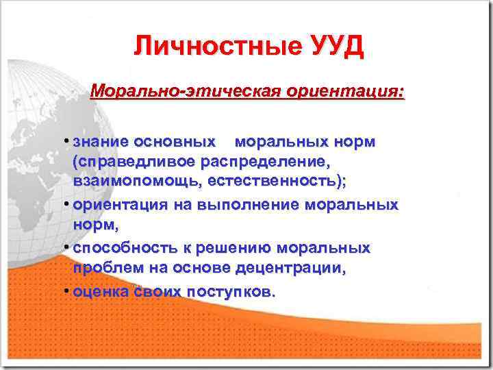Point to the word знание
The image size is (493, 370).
[x=101, y=142]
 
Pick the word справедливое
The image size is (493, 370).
[x=138, y=162]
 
